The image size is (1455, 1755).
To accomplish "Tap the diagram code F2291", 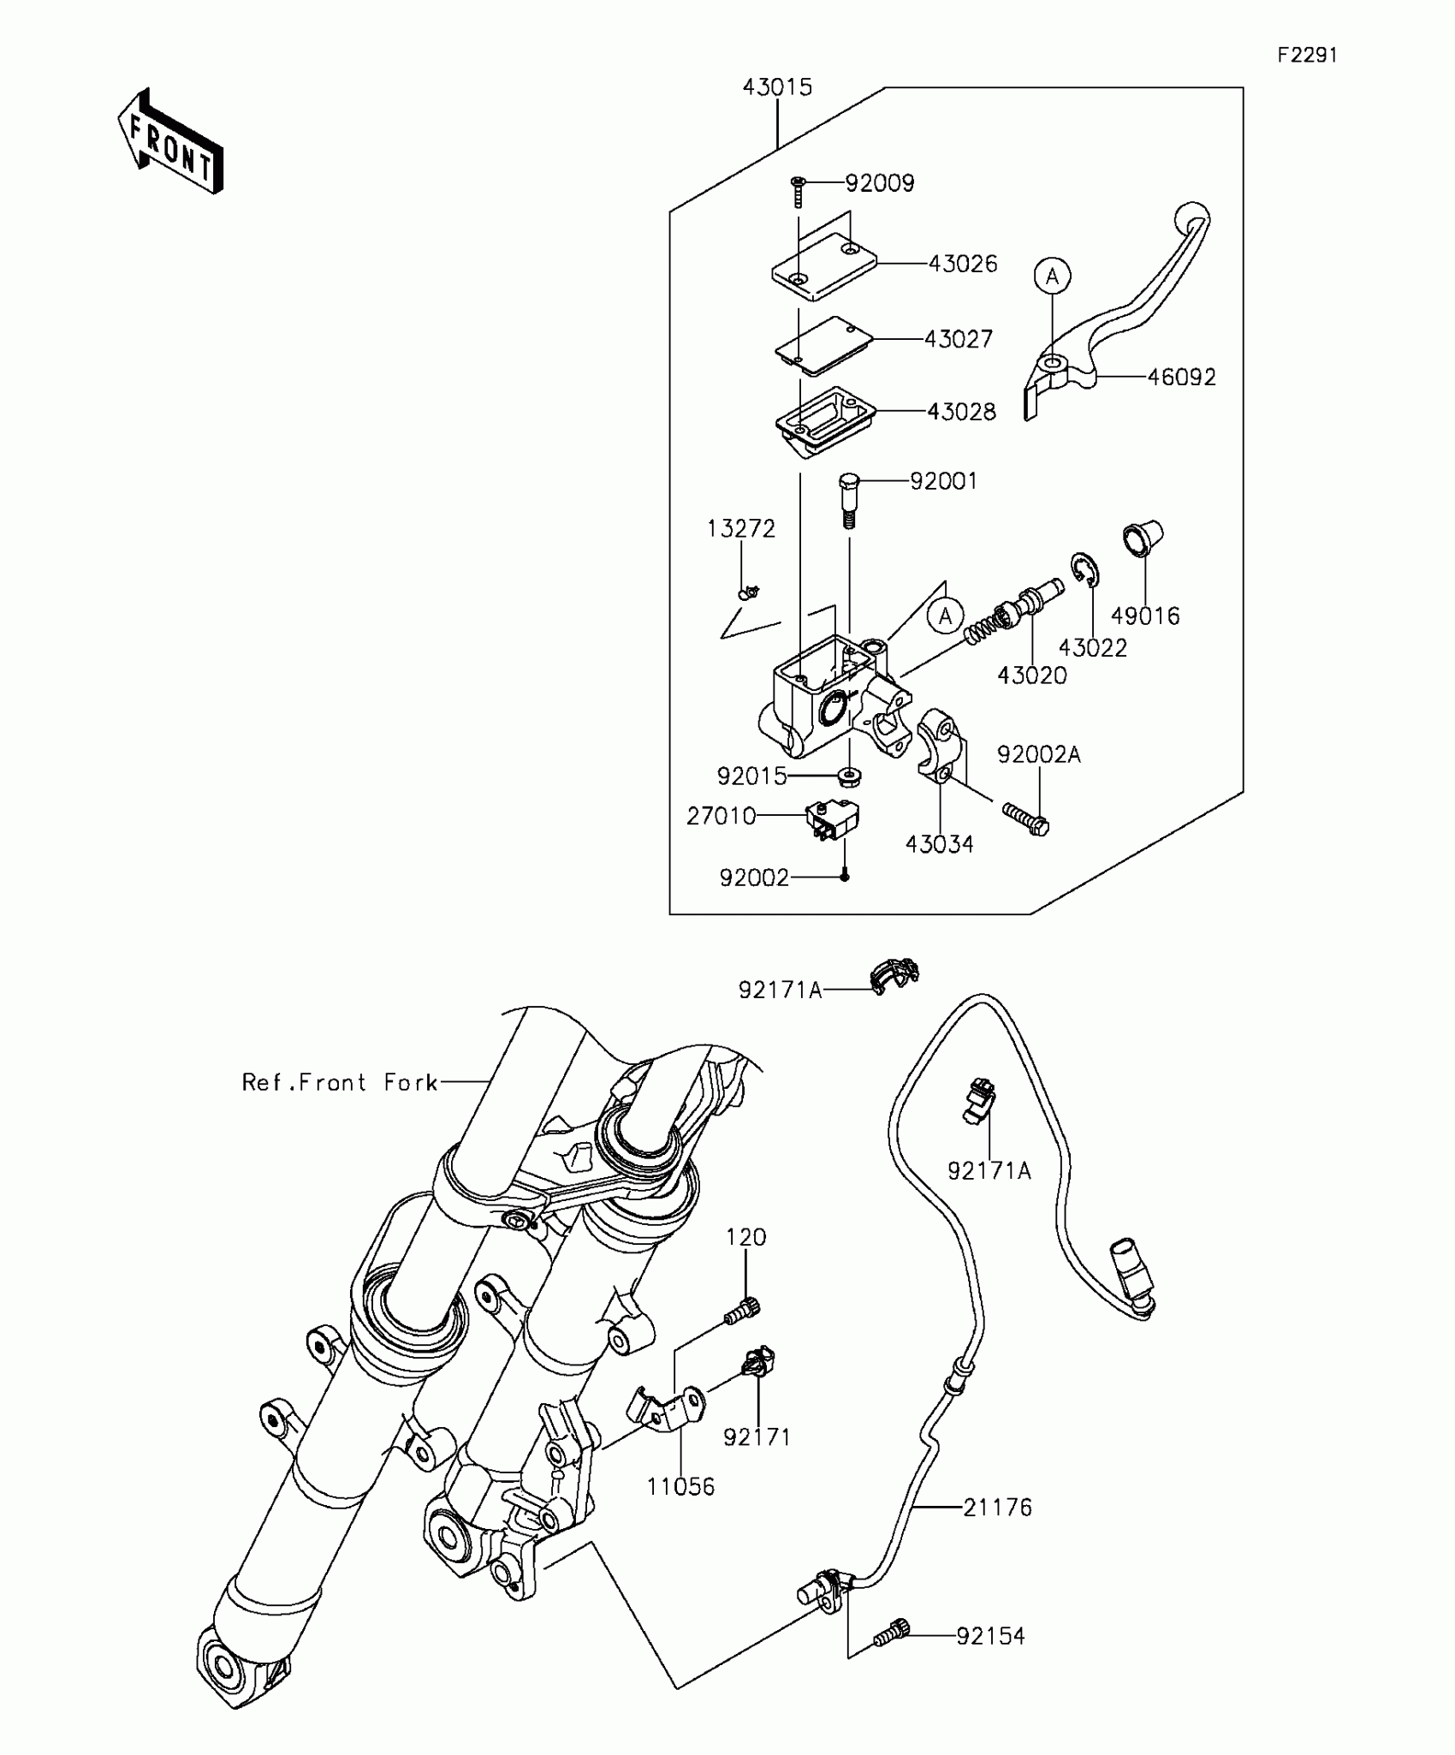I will (x=1307, y=56).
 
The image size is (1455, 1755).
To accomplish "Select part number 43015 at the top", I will (x=777, y=87).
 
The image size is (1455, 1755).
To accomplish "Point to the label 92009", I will (x=880, y=183).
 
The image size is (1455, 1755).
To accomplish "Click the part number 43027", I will (x=959, y=339).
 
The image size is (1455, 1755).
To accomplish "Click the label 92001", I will (x=943, y=481).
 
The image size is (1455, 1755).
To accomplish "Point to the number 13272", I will (x=741, y=529).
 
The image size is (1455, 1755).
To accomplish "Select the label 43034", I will (x=940, y=844).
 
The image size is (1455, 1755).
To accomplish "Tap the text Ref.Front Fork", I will (x=340, y=1083).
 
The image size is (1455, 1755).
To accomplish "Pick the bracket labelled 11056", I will (x=672, y=1413).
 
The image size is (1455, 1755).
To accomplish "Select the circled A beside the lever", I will (x=1053, y=277).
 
